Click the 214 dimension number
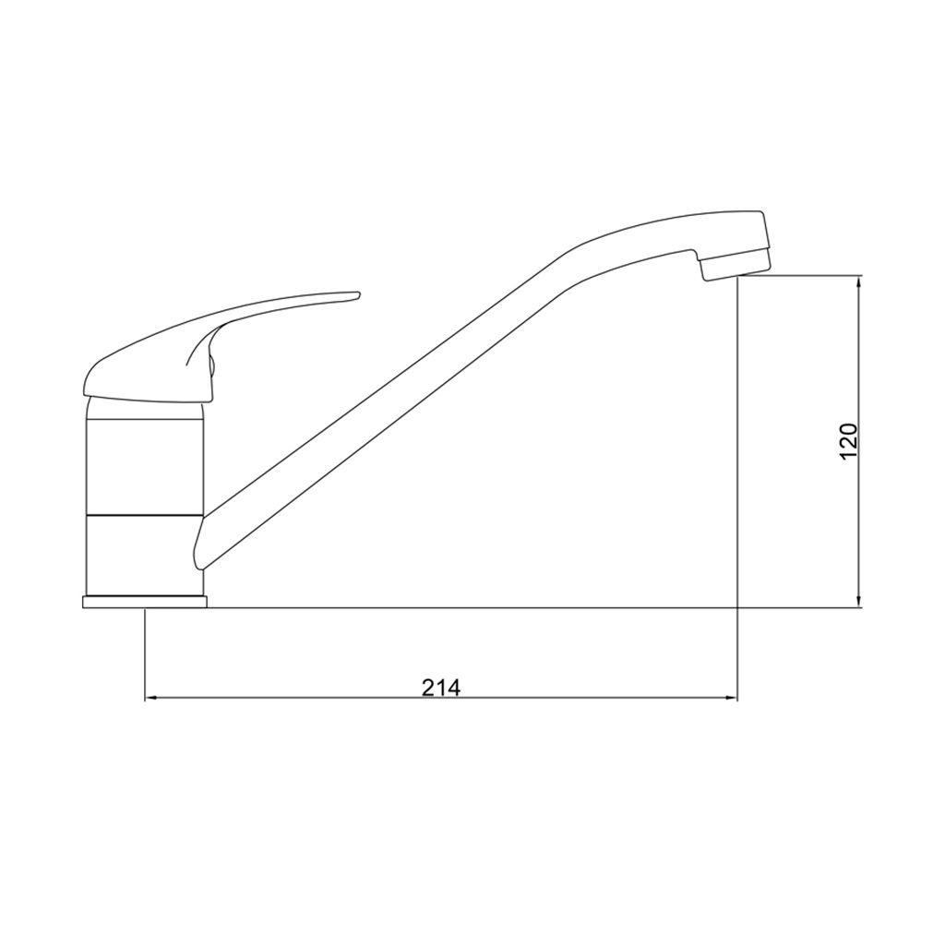tap(440, 687)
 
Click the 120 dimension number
tap(848, 441)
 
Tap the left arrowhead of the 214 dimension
tap(150, 699)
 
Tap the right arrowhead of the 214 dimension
tap(731, 699)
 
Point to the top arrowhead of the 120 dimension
tap(860, 281)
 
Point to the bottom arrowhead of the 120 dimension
tap(860, 602)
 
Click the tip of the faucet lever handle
tap(358, 294)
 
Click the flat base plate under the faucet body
tap(145, 602)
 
